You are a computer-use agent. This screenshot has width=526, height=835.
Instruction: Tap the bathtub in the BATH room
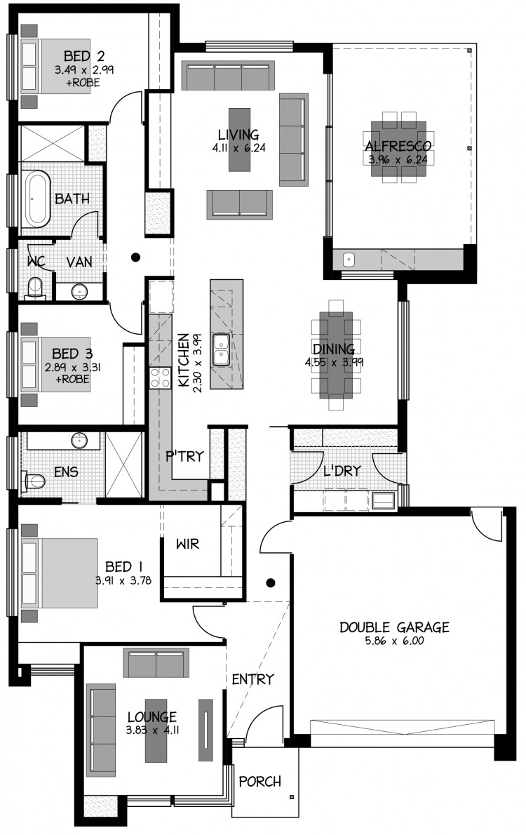[x=36, y=199]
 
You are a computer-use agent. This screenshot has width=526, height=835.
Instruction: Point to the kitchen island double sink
[x=221, y=350]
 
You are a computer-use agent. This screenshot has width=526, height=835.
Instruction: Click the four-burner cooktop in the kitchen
[x=160, y=378]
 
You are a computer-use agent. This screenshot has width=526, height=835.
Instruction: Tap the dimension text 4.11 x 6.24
[x=238, y=148]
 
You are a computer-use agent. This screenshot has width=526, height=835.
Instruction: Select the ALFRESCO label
[x=398, y=146]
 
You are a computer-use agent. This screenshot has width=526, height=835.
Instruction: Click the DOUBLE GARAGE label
[x=394, y=627]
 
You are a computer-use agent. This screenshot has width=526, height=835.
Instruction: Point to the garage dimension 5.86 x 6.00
[x=394, y=641]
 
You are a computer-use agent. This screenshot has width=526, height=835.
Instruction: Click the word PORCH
[x=259, y=782]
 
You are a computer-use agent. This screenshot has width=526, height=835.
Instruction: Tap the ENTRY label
[x=253, y=679]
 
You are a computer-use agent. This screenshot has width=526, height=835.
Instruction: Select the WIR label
[x=187, y=544]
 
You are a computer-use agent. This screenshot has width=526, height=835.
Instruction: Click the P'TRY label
[x=184, y=456]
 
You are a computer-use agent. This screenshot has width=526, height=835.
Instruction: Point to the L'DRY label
[x=342, y=471]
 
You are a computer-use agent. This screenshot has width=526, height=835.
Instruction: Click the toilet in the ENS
[x=33, y=481]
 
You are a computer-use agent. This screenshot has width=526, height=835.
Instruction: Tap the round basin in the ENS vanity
[x=80, y=441]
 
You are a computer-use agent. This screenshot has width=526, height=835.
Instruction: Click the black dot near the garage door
[x=271, y=582]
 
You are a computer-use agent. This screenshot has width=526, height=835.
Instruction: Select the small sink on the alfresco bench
[x=348, y=260]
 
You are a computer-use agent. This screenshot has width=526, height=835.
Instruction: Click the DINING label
[x=334, y=349]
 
